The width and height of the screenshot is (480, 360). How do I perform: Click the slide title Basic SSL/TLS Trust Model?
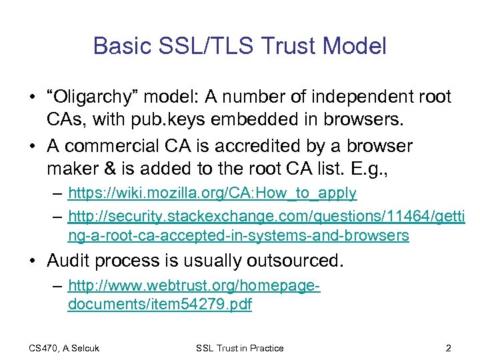[239, 46]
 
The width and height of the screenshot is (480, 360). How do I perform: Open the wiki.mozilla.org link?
[212, 193]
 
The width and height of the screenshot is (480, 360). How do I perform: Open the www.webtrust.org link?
[193, 286]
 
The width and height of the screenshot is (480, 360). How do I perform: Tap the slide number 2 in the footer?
[448, 348]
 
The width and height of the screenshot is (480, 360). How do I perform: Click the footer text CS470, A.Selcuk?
[64, 348]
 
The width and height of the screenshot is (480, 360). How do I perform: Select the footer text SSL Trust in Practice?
[239, 348]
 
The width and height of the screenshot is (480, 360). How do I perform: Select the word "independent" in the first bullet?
[356, 97]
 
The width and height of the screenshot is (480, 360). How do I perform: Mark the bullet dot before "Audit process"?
[33, 261]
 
